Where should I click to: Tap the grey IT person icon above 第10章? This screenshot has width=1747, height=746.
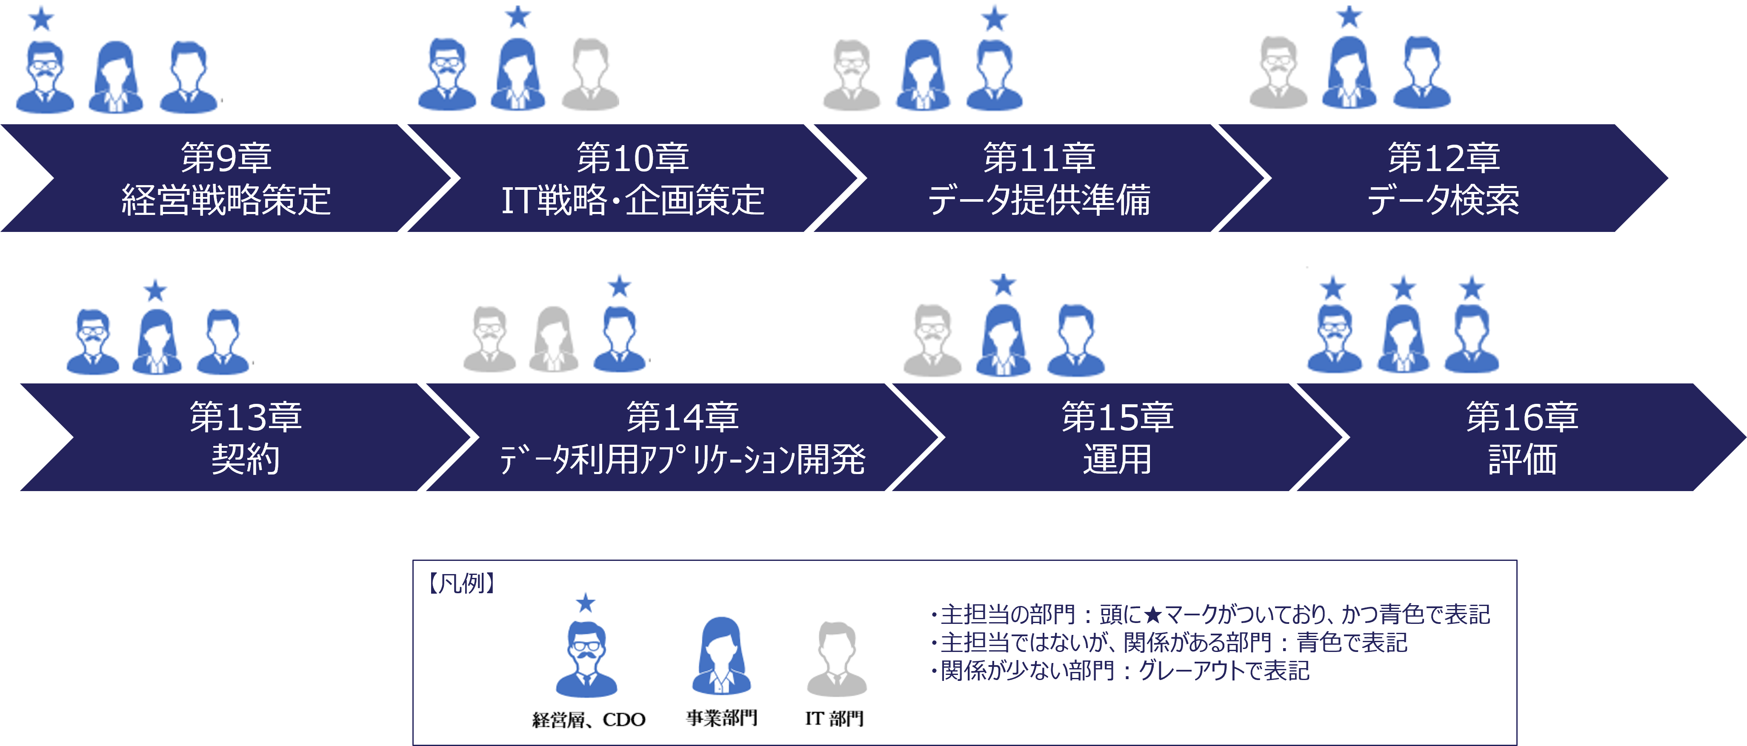(591, 74)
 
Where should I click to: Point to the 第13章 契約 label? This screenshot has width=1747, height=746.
(246, 437)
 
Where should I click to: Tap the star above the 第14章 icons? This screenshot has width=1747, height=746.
(619, 286)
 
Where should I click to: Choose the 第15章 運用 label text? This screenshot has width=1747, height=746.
(1117, 437)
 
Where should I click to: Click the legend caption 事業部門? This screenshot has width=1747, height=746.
(722, 717)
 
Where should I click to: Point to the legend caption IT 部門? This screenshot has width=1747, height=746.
(834, 718)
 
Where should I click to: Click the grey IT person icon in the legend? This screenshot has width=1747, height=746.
(837, 658)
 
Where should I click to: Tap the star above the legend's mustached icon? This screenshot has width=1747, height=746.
(585, 602)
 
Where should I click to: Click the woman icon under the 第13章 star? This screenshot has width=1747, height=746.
(157, 342)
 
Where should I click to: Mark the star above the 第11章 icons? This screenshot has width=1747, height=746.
(994, 18)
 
